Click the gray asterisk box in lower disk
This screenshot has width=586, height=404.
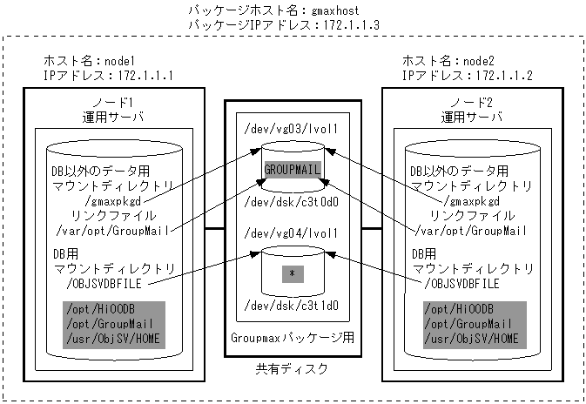pos(293,273)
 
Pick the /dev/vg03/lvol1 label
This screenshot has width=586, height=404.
pos(293,127)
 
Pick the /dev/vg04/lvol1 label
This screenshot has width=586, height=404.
pos(293,236)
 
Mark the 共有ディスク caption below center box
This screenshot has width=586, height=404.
pos(293,369)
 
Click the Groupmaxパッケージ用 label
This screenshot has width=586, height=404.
pos(293,336)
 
